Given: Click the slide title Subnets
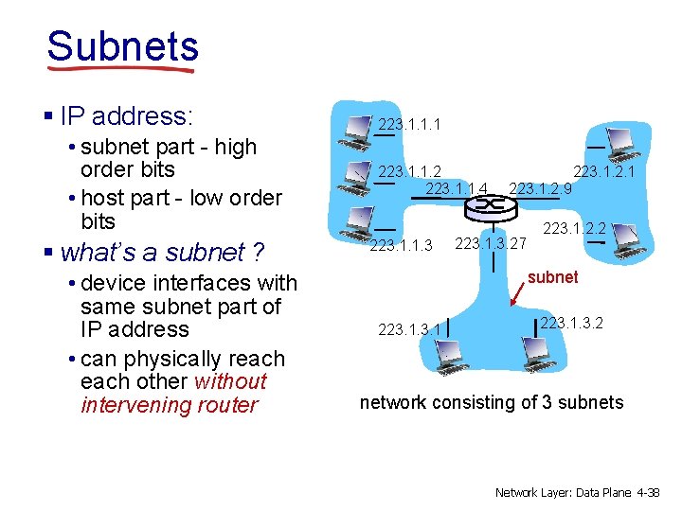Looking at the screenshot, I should click(x=122, y=45).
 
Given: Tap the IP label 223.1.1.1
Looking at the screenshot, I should click(x=409, y=124).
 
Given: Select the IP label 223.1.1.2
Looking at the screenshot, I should click(x=409, y=171).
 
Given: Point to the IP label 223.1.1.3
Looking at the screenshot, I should click(x=401, y=246).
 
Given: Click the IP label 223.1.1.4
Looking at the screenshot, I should click(x=457, y=189).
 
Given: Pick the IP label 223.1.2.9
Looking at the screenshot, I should click(x=540, y=189).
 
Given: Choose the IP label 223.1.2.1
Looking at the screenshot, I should click(x=603, y=171).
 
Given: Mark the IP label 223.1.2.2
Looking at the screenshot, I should click(x=573, y=227).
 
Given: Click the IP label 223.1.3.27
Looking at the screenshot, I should click(x=491, y=243).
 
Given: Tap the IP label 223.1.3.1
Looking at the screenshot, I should click(x=409, y=329).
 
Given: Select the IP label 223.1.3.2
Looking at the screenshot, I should click(x=571, y=323).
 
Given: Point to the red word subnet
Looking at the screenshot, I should click(x=553, y=277).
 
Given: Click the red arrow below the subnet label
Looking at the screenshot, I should click(x=520, y=296).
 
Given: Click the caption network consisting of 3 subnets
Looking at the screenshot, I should click(x=492, y=402).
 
